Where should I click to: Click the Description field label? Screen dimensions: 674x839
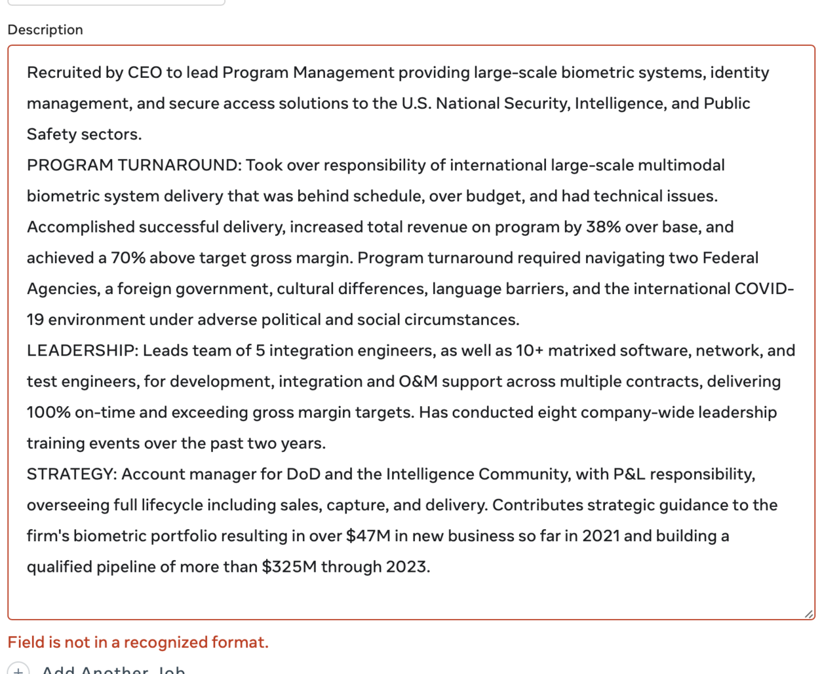pos(45,29)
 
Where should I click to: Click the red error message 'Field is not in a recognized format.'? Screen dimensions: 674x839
pos(138,642)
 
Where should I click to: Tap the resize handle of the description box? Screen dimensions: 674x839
pos(808,614)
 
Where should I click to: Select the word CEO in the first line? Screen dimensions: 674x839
pos(144,72)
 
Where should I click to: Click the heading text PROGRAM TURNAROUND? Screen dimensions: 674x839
pos(134,165)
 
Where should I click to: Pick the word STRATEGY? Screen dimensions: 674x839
pos(71,474)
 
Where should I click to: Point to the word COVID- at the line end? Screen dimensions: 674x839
pos(764,289)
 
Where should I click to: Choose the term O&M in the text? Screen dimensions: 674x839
pos(418,381)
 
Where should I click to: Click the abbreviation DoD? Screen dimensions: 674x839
pos(303,474)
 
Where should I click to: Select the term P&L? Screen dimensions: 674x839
pos(629,474)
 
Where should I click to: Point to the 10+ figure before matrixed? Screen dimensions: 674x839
pos(530,350)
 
